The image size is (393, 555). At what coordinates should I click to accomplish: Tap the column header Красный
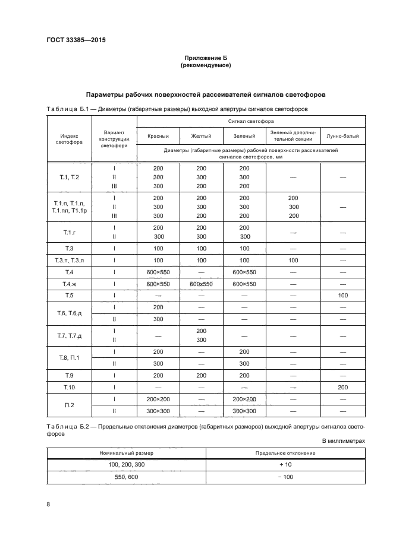158,136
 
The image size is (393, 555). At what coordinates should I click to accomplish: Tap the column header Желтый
201,136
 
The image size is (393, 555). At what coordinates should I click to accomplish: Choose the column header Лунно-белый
342,136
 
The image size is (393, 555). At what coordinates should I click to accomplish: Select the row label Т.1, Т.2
69,177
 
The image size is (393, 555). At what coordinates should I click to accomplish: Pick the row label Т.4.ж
69,284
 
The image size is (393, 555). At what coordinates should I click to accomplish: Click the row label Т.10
69,387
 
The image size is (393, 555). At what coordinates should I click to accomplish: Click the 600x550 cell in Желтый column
201,284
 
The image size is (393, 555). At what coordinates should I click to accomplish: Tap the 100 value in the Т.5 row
342,295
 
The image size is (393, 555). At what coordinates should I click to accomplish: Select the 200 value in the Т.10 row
342,387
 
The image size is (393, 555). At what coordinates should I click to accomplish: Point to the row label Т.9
69,375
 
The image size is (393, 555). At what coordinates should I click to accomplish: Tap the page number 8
48,504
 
